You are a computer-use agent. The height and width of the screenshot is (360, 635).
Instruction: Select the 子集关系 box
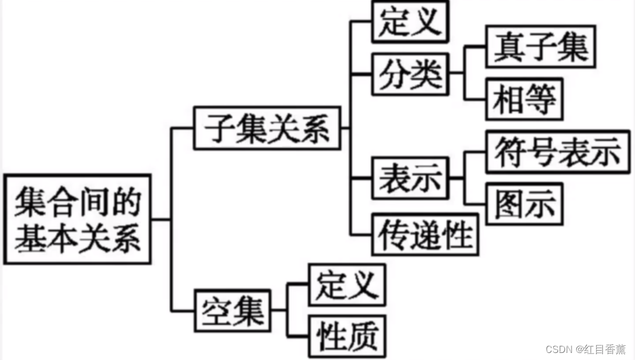tap(268, 128)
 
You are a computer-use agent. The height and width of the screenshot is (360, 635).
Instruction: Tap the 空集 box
tap(233, 308)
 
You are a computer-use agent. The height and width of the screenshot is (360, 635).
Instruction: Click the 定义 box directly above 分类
tap(410, 22)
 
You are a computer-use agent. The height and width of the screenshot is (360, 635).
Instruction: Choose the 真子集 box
tap(540, 46)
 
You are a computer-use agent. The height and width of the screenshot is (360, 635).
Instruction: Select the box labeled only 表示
tap(410, 177)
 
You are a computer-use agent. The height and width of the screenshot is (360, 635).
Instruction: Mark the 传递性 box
tap(426, 234)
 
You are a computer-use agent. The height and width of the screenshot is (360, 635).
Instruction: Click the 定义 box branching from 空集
tap(346, 285)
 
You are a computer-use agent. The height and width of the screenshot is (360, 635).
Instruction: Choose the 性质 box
tap(346, 336)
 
